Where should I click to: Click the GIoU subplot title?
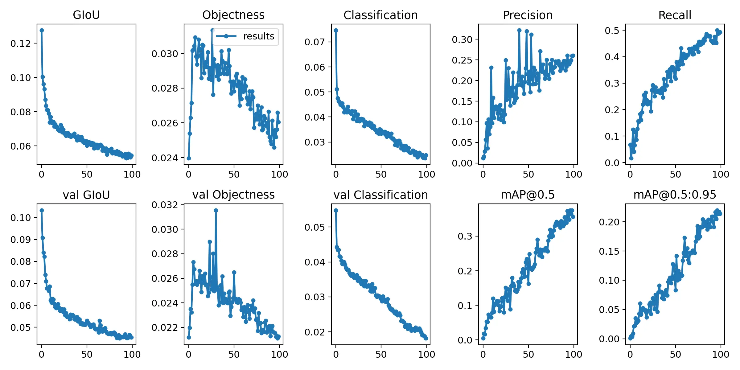click(x=86, y=15)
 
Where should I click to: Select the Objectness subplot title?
click(x=233, y=15)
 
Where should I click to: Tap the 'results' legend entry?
click(x=258, y=36)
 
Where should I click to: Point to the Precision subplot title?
click(x=528, y=15)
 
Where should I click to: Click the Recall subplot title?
click(x=675, y=15)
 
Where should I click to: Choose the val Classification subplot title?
click(x=380, y=195)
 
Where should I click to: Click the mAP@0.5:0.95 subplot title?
click(x=675, y=195)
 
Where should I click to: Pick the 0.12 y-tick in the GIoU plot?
click(x=21, y=43)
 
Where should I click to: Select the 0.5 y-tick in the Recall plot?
click(x=612, y=31)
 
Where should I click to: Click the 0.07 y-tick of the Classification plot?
click(x=315, y=42)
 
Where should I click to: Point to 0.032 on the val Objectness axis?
click(x=165, y=205)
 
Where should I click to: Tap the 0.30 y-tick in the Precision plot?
click(x=462, y=39)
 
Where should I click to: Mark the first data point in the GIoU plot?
click(x=42, y=30)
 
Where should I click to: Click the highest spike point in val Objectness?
click(x=216, y=210)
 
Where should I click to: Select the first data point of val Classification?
click(x=336, y=210)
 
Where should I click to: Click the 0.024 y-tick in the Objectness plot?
click(x=165, y=158)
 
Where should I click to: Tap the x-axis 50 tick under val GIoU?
click(x=87, y=354)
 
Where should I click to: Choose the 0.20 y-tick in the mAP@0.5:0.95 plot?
click(x=609, y=222)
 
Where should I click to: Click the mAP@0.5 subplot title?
click(x=528, y=195)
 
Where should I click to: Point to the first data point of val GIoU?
click(x=42, y=210)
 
